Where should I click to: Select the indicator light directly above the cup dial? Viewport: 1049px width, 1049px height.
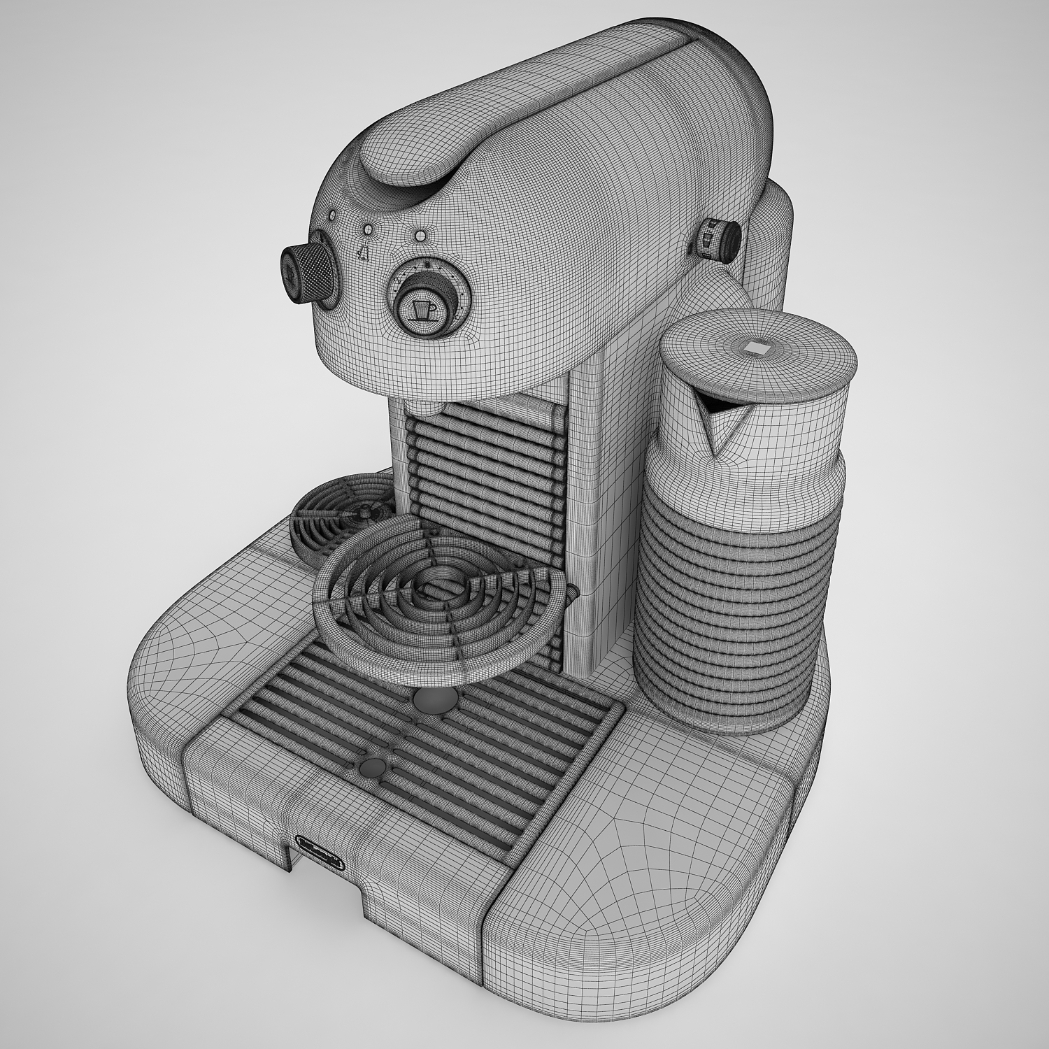point(420,236)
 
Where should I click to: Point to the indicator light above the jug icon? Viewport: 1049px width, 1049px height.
point(368,229)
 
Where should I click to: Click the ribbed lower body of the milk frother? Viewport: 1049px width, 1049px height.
point(734,601)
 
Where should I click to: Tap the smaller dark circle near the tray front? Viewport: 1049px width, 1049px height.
point(371,767)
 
